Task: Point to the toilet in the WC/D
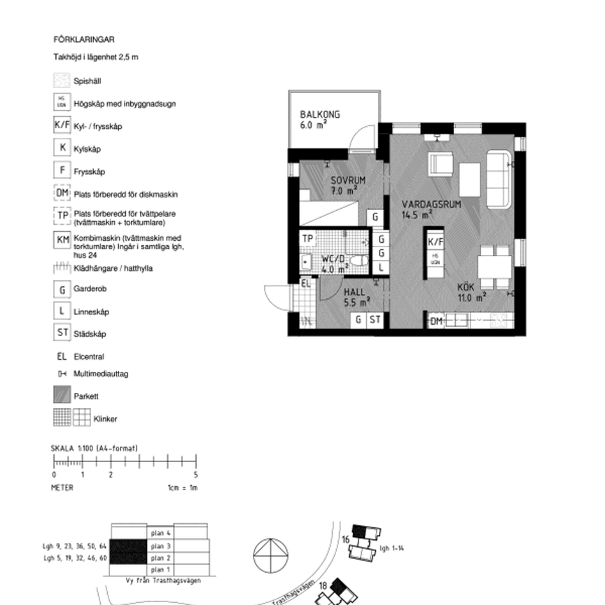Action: point(359,262)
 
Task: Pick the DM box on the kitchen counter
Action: point(436,321)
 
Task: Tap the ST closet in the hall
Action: point(375,320)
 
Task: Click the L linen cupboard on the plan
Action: point(380,267)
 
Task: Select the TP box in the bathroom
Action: point(307,239)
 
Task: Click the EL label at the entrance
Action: point(305,284)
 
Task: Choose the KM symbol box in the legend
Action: point(62,240)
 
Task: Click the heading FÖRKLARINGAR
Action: point(84,40)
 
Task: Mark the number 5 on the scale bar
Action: point(196,475)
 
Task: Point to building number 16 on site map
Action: point(346,538)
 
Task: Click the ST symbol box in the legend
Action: point(62,333)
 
